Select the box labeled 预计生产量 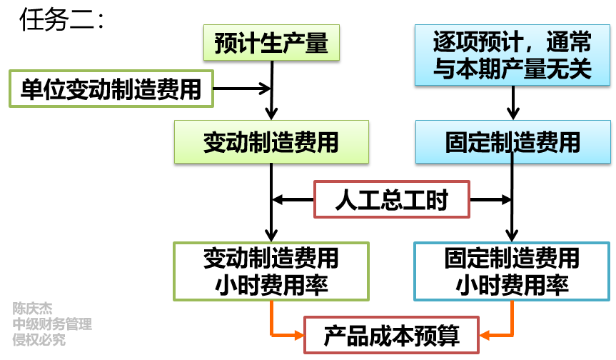(x=271, y=44)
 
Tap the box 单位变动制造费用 (x=111, y=89)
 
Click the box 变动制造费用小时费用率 (x=271, y=271)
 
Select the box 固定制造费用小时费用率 (x=513, y=271)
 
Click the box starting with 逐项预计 (x=513, y=56)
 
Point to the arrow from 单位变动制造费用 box (x=243, y=89)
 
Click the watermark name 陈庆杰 (x=32, y=309)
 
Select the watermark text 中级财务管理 (x=52, y=324)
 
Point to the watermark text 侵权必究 (x=39, y=340)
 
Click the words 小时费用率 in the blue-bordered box (x=513, y=285)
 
